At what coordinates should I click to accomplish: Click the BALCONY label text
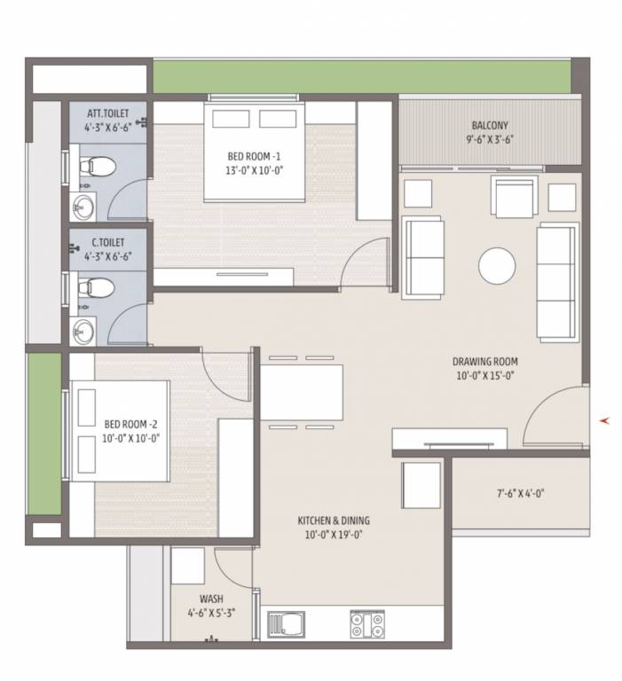pos(489,125)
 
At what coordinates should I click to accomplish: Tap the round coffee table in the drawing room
pos(496,264)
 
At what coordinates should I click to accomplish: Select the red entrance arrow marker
pos(605,420)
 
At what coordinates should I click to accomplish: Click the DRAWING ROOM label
pos(484,362)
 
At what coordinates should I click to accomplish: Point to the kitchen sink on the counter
pos(287,624)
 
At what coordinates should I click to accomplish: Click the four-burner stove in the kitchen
pos(367,624)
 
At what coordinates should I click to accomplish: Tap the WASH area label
pos(210,599)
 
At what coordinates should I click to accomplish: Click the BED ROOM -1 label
pos(254,156)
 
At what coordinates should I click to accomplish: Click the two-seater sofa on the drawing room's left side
pos(423,256)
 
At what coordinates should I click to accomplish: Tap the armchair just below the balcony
pos(515,198)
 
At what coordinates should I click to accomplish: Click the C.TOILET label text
pos(107,242)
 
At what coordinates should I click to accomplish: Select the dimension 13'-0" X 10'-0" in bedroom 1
pos(254,170)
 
